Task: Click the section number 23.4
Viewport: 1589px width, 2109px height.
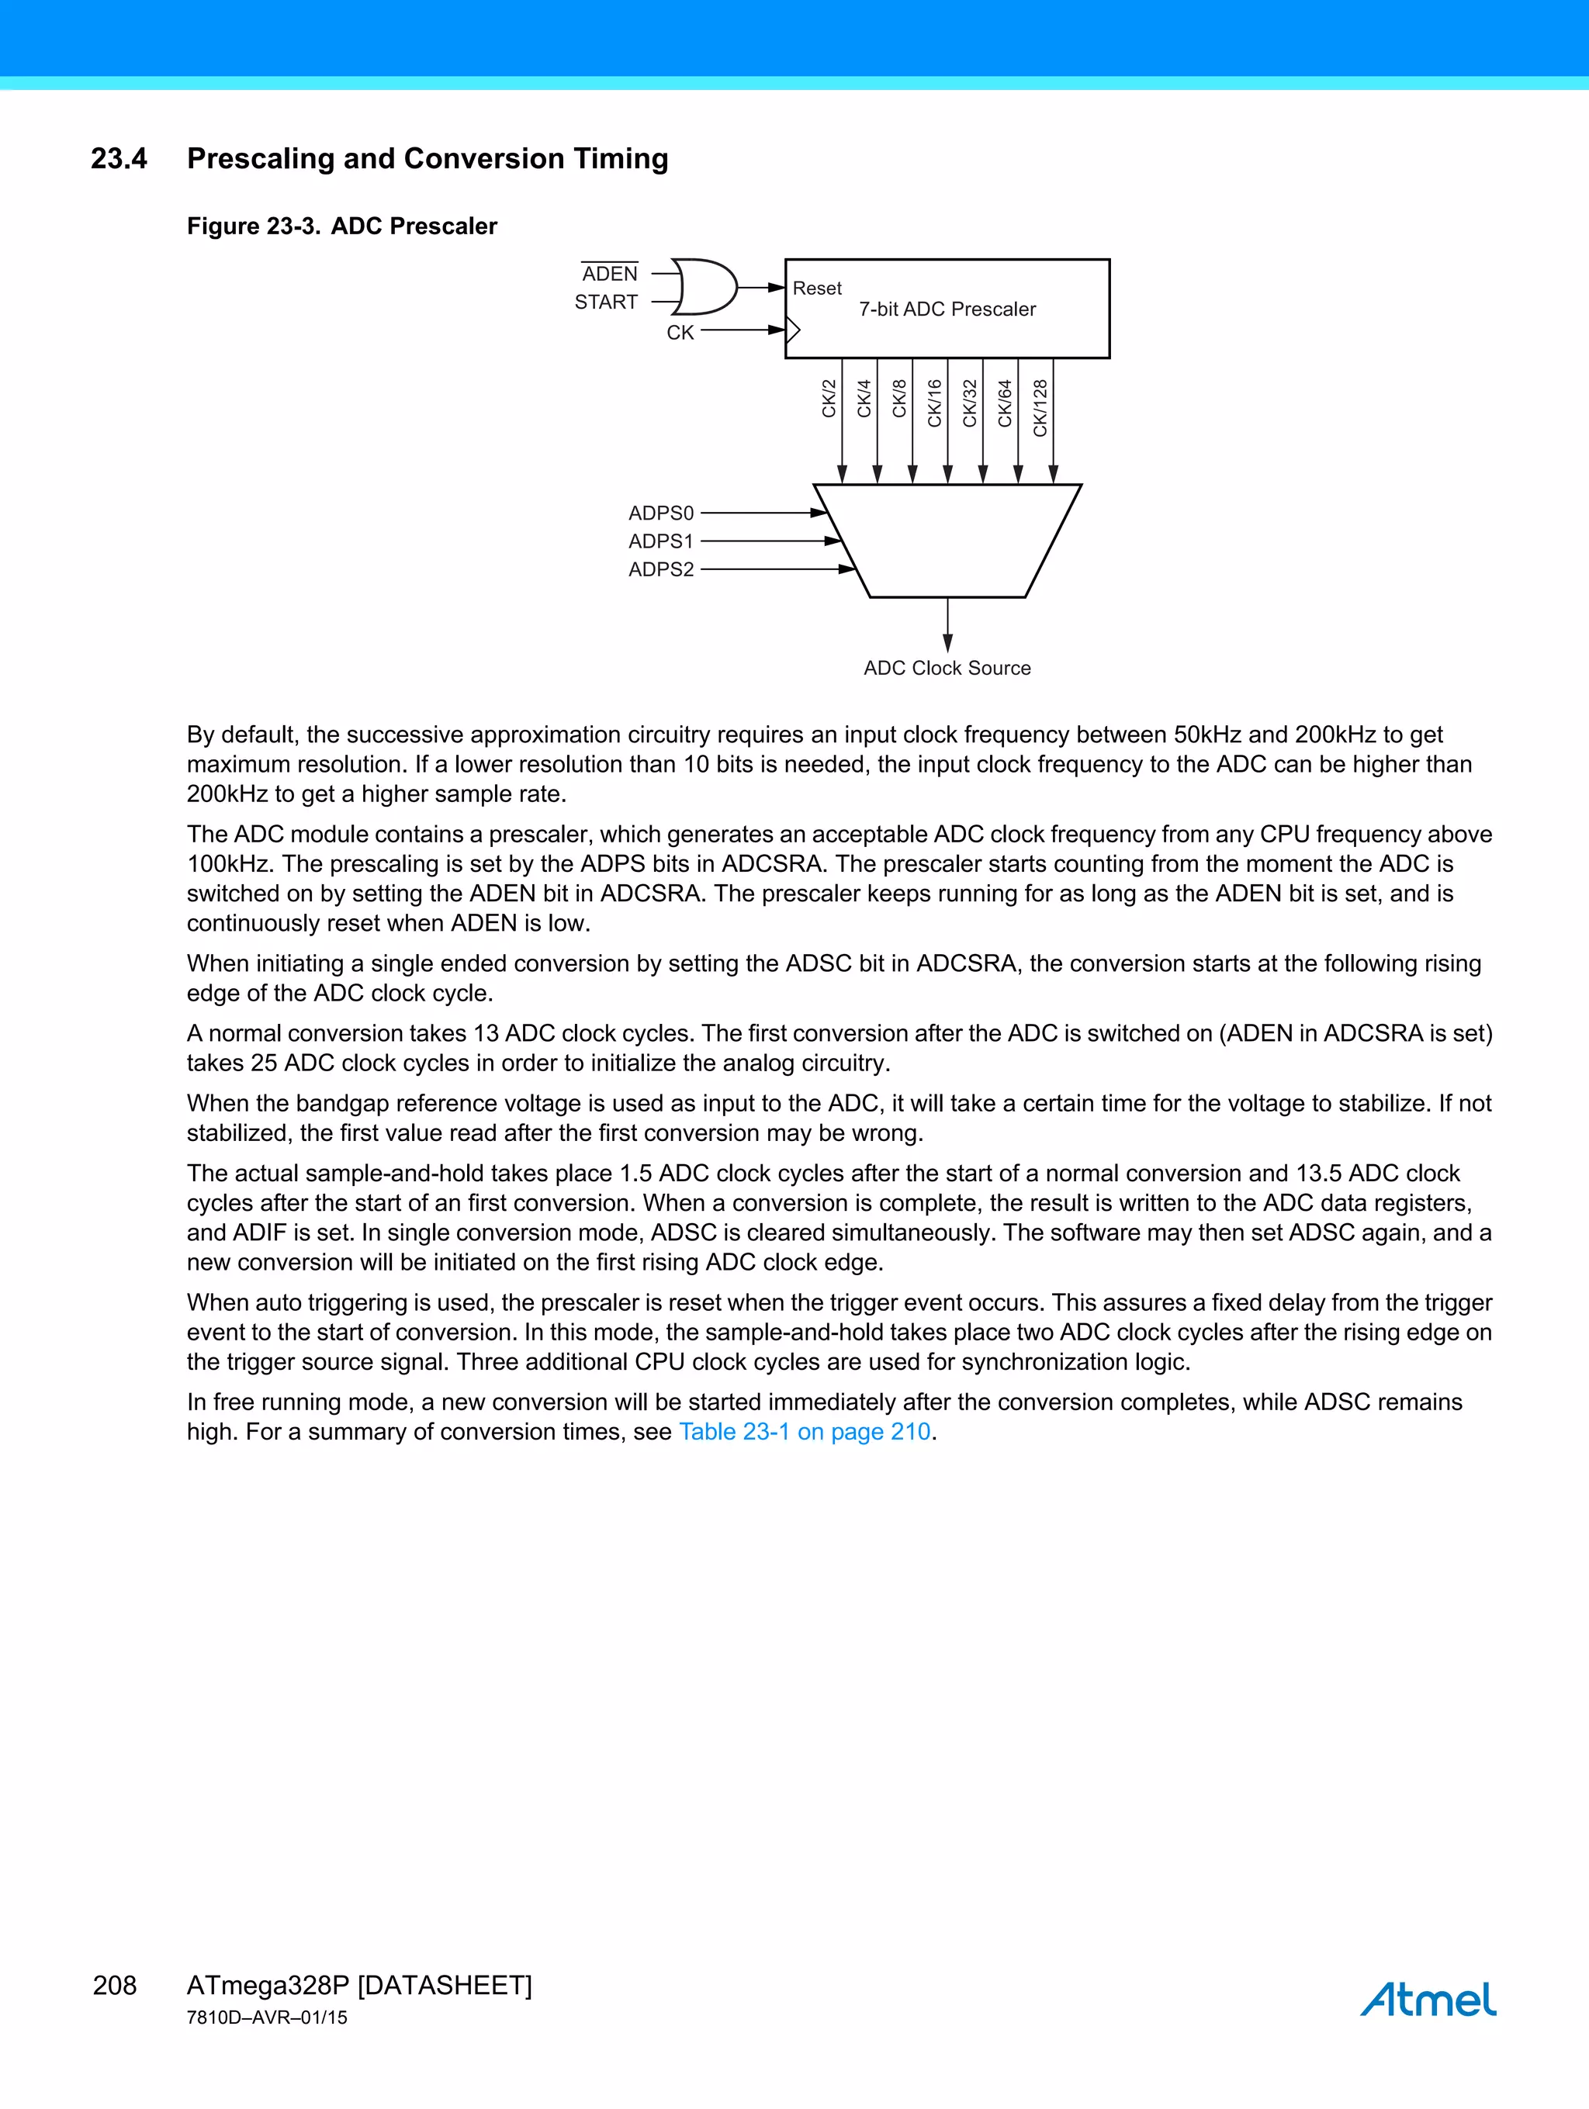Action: coord(119,158)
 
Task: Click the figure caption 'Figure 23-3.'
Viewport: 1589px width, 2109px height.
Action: coord(253,226)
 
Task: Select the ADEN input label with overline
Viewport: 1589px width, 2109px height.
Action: coord(610,274)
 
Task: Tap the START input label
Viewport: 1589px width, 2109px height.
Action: coord(606,303)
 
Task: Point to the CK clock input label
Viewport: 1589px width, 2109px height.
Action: coord(680,333)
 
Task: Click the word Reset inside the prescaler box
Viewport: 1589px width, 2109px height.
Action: coord(818,288)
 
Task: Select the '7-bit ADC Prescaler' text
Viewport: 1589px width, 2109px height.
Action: coord(947,309)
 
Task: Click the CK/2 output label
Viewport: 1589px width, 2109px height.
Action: coord(829,399)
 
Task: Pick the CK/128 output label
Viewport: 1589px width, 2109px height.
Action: coord(1040,408)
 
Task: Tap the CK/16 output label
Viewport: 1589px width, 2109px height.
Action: coord(935,403)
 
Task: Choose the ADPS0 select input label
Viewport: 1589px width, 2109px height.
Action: coord(661,513)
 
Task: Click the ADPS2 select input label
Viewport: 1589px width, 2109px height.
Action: coord(661,569)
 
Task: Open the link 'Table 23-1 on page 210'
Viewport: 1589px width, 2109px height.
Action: coord(804,1431)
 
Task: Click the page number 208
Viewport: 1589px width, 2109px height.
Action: coord(115,1985)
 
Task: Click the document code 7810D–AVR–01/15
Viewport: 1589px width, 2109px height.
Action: coord(267,2017)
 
